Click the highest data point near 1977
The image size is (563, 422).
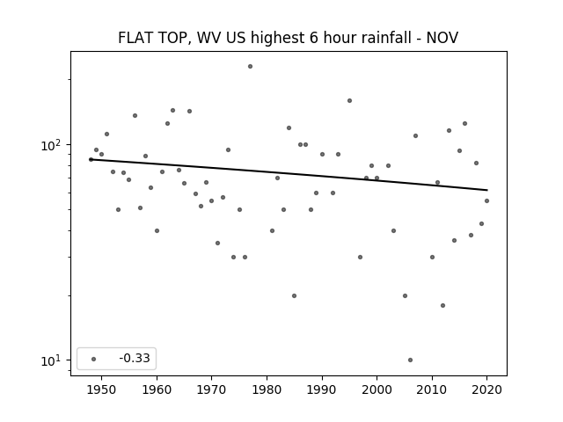point(250,67)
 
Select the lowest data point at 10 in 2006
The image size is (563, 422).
point(411,360)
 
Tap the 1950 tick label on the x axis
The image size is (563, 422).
point(102,389)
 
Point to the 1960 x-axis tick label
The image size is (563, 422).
point(157,389)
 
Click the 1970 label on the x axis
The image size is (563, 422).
point(212,389)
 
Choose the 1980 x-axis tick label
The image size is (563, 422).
point(267,389)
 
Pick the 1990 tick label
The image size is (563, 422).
point(322,389)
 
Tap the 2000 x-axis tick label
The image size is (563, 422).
point(377,389)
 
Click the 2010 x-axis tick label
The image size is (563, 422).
point(432,389)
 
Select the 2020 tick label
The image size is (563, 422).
point(486,389)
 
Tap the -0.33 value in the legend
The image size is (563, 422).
point(135,358)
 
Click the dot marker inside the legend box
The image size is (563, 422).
point(94,359)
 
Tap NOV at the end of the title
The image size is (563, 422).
point(442,38)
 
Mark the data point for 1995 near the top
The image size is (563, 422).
point(350,101)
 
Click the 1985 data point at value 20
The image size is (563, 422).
point(295,296)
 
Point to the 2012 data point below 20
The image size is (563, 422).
point(442,306)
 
